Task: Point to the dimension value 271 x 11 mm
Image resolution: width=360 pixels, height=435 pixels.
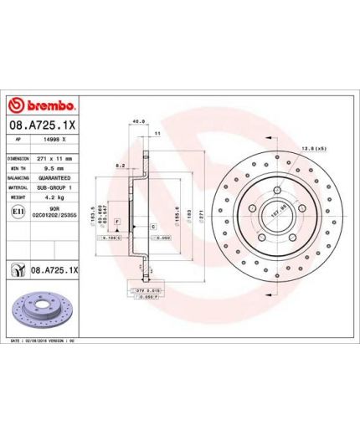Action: (x=56, y=157)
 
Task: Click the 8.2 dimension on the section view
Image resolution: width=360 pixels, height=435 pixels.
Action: (x=121, y=166)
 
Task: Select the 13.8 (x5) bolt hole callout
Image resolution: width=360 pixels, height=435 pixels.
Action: (x=312, y=148)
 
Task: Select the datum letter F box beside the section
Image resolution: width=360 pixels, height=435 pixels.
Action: (x=116, y=220)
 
